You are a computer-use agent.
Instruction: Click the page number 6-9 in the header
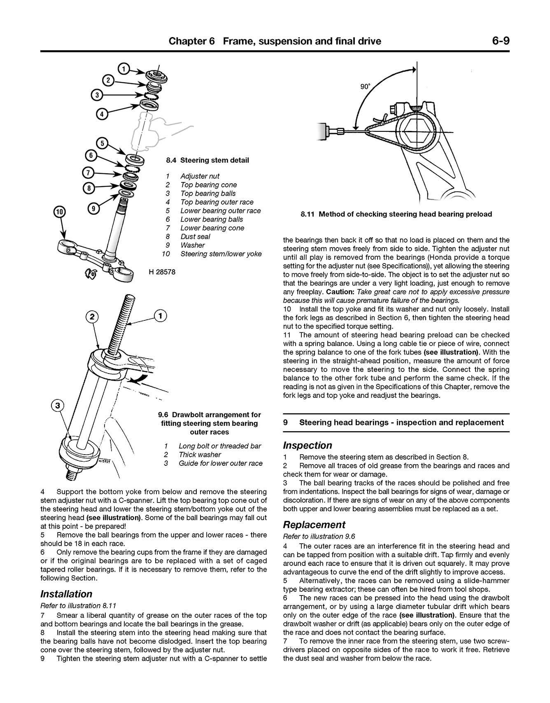pyautogui.click(x=500, y=41)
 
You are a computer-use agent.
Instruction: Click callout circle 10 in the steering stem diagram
pyautogui.click(x=59, y=212)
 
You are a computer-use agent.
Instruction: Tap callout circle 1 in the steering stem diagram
pyautogui.click(x=124, y=68)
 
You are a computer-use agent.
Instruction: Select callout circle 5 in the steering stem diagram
pyautogui.click(x=103, y=143)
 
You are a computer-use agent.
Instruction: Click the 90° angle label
pyautogui.click(x=365, y=86)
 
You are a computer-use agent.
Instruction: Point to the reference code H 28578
pyautogui.click(x=161, y=272)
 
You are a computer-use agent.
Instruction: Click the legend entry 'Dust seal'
pyautogui.click(x=195, y=236)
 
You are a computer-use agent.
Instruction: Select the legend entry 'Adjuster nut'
pyautogui.click(x=200, y=176)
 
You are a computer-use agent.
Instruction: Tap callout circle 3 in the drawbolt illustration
pyautogui.click(x=58, y=406)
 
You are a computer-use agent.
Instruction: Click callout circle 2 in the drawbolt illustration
pyautogui.click(x=92, y=317)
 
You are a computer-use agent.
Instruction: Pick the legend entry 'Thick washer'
pyautogui.click(x=200, y=455)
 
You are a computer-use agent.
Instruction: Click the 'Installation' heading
pyautogui.click(x=66, y=594)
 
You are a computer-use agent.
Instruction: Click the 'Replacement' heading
pyautogui.click(x=314, y=525)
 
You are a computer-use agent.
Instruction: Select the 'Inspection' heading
pyautogui.click(x=308, y=445)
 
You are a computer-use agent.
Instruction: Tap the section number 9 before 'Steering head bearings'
pyautogui.click(x=285, y=422)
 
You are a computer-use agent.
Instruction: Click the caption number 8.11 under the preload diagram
pyautogui.click(x=308, y=214)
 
